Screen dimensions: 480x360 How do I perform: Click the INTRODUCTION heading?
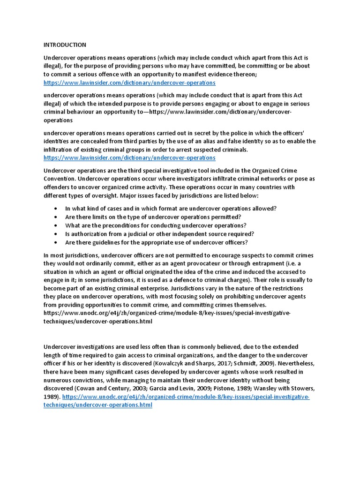tap(65, 45)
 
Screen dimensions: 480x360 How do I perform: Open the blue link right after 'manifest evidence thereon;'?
tap(129, 82)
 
